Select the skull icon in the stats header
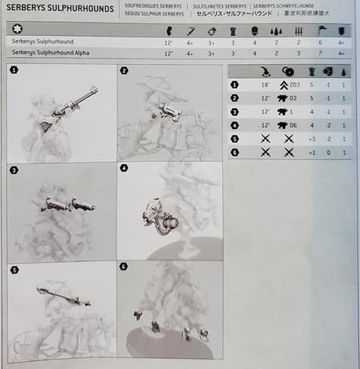pyautogui.click(x=255, y=29)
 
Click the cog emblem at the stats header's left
pyautogui.click(x=18, y=29)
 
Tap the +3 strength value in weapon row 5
pyautogui.click(x=312, y=138)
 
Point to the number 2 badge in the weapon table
pyautogui.click(x=235, y=97)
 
